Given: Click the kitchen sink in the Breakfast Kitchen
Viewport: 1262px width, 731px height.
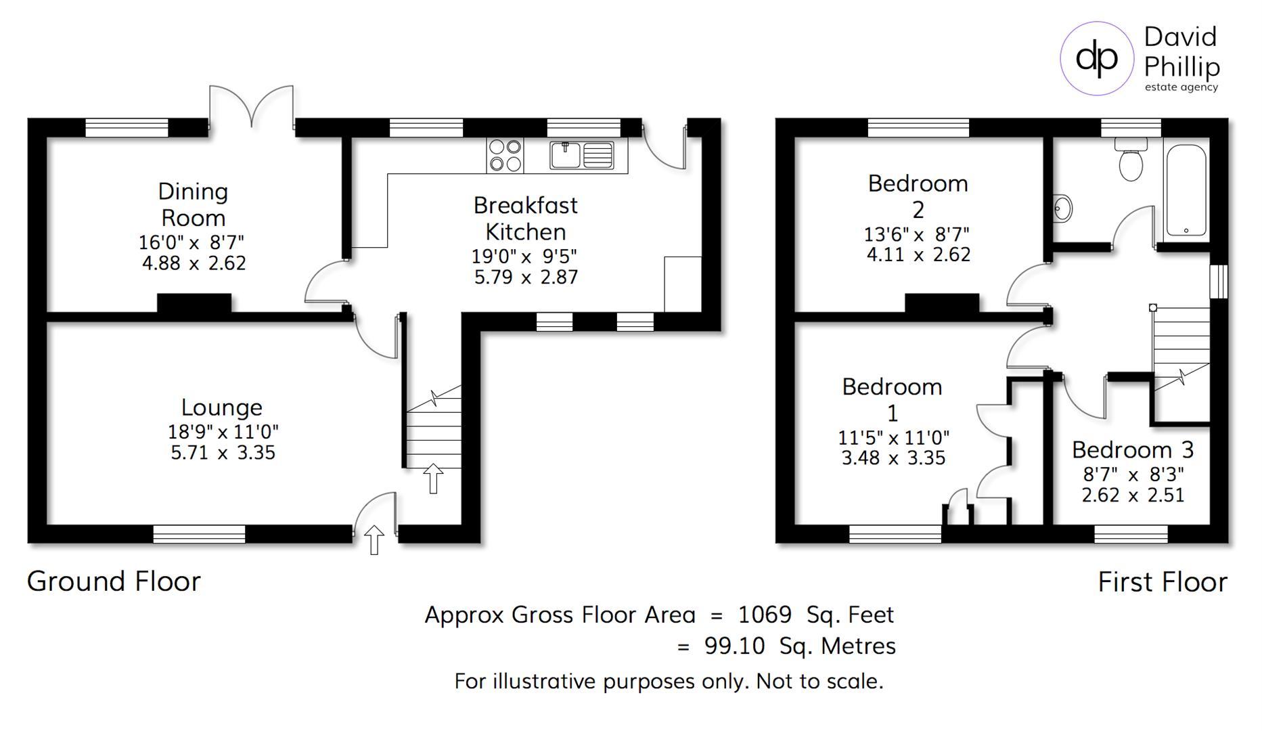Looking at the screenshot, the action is point(581,155).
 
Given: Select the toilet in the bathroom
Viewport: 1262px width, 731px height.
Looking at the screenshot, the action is point(1131,159).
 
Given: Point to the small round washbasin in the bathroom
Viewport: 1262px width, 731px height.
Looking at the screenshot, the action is point(1062,208).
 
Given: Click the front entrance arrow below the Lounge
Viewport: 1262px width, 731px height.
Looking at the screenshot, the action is point(374,539).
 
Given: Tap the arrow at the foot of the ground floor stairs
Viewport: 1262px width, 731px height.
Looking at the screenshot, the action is point(433,479).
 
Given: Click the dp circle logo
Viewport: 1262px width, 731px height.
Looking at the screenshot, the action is point(1096,58).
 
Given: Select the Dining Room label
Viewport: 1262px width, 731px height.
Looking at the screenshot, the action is point(193,204).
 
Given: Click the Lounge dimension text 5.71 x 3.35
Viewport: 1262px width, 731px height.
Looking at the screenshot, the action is point(223,453).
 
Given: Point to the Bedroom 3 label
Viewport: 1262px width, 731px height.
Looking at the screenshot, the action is point(1133,449).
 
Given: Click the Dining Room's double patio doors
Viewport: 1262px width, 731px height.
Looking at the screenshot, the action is point(252,106).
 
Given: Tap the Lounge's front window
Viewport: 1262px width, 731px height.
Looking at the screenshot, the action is point(199,534).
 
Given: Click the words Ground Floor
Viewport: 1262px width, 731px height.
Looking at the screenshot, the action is point(114,581).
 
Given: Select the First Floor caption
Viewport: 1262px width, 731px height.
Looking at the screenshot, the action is point(1163,582).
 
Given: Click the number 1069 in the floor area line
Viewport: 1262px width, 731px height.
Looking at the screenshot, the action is point(765,615).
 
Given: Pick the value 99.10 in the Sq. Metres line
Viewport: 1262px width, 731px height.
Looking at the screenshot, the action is point(734,646).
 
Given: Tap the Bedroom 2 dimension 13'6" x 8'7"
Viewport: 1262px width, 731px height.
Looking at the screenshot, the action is point(917,234).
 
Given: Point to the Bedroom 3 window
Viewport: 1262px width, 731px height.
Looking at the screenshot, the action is point(1131,534).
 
